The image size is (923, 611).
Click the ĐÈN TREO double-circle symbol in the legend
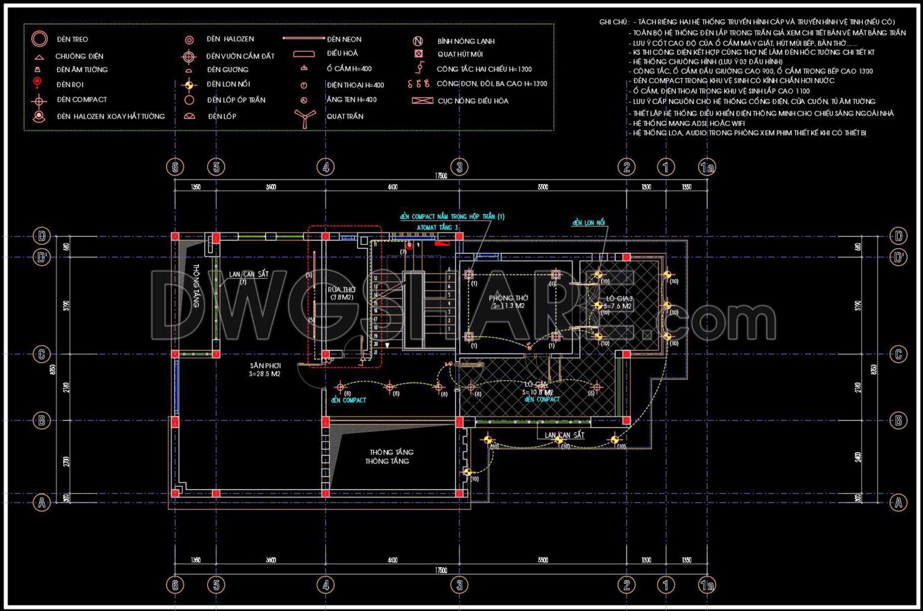(40, 39)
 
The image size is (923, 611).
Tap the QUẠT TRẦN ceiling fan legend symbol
(305, 117)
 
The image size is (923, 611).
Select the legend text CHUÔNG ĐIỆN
(79, 56)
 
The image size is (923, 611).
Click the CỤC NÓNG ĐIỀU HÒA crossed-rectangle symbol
(422, 100)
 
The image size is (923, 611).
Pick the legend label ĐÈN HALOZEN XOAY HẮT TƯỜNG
(111, 116)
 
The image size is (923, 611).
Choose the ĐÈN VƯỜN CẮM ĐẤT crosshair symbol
(189, 57)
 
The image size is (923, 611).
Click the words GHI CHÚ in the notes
(613, 22)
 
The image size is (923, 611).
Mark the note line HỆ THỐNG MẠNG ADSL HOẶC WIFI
(689, 123)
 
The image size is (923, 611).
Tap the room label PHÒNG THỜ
(508, 298)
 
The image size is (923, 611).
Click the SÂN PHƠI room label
(265, 366)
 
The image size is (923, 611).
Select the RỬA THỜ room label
(341, 289)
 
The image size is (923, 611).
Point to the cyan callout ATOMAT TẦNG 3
(437, 227)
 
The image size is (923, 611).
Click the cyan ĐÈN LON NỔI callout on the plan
(588, 223)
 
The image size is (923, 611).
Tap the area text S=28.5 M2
(265, 374)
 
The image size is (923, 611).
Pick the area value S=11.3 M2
(508, 306)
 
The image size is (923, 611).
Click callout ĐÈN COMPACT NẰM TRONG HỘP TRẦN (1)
(452, 216)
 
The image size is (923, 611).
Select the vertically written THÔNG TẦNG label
(196, 286)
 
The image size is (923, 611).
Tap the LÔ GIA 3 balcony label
(619, 298)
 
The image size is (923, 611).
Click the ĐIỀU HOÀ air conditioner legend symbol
(304, 54)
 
